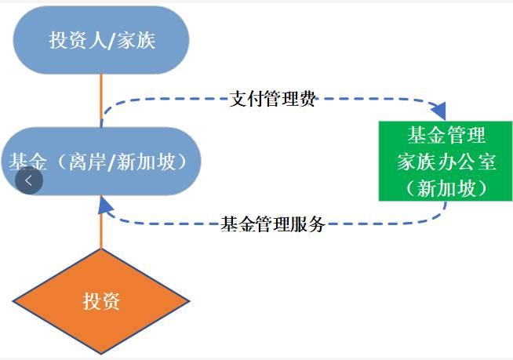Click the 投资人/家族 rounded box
coord(102,41)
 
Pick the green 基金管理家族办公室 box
coord(445,161)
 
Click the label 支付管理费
coord(273,100)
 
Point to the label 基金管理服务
coord(273,224)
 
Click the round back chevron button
coord(29,180)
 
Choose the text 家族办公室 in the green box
coord(445,162)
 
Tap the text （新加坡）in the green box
coord(445,187)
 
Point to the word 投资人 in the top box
coord(78,41)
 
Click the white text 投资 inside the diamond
coord(101,301)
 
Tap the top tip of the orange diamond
coord(101,250)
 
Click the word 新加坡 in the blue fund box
coord(151,162)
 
